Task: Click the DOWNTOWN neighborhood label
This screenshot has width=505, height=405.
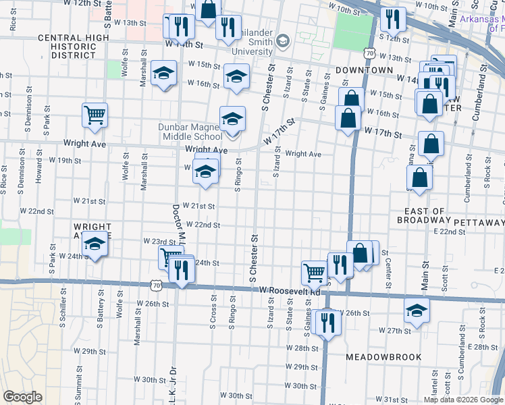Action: click(x=365, y=70)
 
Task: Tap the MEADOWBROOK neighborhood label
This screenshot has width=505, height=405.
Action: click(x=383, y=356)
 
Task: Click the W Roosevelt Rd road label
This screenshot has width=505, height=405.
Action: click(x=290, y=290)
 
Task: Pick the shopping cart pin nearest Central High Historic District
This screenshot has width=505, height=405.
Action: click(x=95, y=114)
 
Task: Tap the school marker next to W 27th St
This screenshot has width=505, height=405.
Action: click(x=417, y=311)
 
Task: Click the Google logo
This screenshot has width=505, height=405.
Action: click(x=22, y=397)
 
